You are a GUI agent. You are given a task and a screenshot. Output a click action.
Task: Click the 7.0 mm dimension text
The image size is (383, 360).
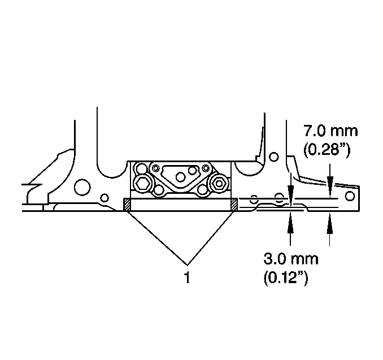click(330, 131)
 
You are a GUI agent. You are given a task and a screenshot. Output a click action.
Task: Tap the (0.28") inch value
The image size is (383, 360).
click(327, 149)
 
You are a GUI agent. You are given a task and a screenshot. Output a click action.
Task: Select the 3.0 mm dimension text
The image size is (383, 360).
click(291, 259)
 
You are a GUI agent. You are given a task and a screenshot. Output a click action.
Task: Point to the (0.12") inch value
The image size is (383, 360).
click(286, 277)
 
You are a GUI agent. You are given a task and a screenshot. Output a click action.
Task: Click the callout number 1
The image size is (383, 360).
click(187, 277)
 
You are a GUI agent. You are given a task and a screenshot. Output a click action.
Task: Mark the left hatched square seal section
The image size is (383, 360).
click(127, 205)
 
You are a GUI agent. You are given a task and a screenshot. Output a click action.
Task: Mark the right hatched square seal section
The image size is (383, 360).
click(234, 205)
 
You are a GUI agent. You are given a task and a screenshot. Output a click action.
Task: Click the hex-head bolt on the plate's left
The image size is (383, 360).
click(141, 183)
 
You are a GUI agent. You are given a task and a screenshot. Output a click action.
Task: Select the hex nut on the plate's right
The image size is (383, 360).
click(219, 183)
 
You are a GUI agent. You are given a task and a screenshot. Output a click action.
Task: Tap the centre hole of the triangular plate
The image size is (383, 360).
click(180, 177)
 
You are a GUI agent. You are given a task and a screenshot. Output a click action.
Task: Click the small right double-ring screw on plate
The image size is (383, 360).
click(206, 168)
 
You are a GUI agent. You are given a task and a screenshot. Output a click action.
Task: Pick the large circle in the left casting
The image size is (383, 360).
click(82, 187)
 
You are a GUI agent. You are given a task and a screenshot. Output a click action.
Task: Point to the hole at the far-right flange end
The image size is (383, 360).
click(350, 196)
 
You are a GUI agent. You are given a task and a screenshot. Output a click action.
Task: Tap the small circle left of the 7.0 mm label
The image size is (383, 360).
click(274, 157)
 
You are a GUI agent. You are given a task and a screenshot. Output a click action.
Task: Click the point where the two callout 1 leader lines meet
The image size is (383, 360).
click(187, 265)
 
